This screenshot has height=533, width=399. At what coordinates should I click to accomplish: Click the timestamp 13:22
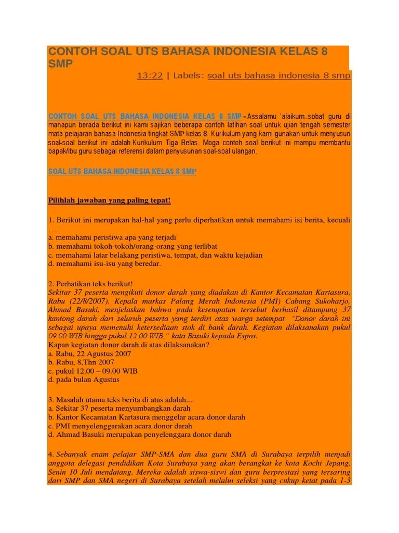click(150, 75)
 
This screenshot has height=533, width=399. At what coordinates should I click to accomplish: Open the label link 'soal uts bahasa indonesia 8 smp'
click(279, 75)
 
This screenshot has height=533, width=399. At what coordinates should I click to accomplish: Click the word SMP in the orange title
click(60, 64)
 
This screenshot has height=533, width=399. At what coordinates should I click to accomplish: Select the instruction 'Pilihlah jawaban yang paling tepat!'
click(110, 200)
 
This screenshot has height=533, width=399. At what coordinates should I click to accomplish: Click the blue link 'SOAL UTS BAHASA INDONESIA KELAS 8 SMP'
click(122, 171)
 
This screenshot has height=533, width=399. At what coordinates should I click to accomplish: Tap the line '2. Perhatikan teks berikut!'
click(91, 284)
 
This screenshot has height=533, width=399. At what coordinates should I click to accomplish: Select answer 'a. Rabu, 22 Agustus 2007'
click(89, 353)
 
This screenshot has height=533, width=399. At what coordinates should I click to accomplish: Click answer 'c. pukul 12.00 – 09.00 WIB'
click(93, 371)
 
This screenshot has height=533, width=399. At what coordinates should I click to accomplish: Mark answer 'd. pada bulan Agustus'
click(84, 379)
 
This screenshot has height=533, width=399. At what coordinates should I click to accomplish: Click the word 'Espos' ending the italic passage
click(246, 336)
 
